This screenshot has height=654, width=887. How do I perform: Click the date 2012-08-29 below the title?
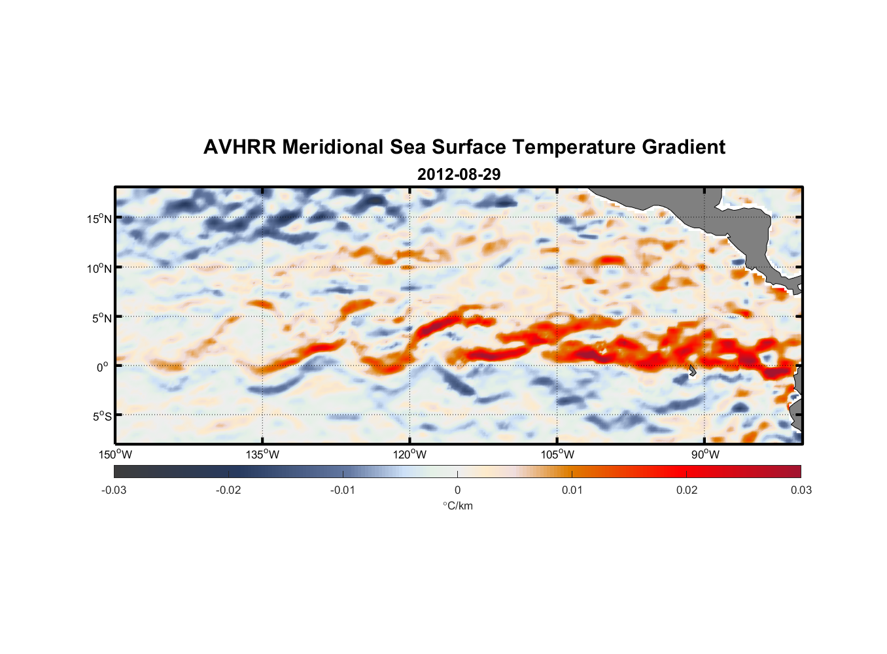point(459,175)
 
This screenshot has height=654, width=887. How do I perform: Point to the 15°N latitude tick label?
point(99,218)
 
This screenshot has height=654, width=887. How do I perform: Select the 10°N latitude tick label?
point(99,268)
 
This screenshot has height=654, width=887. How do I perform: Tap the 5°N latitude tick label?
point(101,318)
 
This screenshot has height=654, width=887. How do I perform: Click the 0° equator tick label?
point(103,368)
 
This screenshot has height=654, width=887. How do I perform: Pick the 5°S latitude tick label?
point(101,417)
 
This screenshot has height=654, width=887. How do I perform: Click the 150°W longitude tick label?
point(115,455)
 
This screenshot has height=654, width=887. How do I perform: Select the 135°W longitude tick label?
point(262,455)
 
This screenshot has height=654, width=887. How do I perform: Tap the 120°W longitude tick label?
point(409,455)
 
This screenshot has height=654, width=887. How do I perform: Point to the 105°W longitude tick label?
point(557,455)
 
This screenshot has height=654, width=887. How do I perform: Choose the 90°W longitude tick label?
point(705,455)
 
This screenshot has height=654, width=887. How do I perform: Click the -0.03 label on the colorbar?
point(114,490)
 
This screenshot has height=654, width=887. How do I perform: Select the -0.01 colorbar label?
point(343,490)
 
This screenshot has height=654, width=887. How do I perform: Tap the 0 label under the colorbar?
point(457,490)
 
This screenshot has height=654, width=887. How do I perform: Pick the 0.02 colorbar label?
point(687,490)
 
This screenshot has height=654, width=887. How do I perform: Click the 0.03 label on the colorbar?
point(801,490)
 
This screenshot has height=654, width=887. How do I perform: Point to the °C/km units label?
point(458,506)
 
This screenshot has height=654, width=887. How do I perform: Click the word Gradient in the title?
point(684,147)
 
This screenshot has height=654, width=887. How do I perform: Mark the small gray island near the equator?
point(692,371)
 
